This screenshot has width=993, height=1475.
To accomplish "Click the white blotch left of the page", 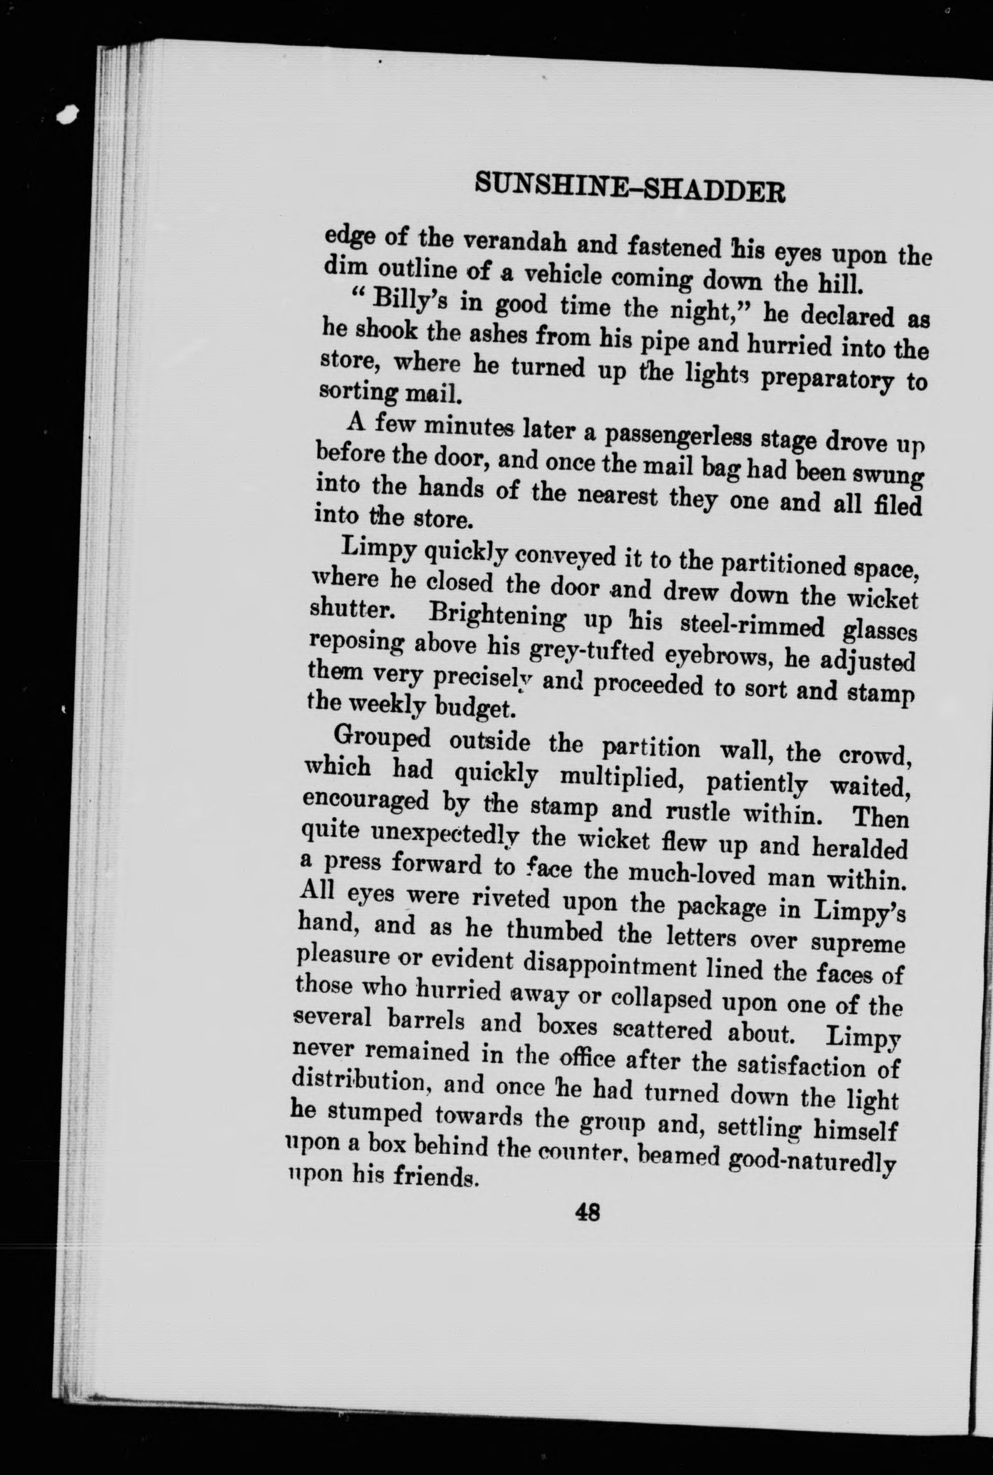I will pos(67,114).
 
